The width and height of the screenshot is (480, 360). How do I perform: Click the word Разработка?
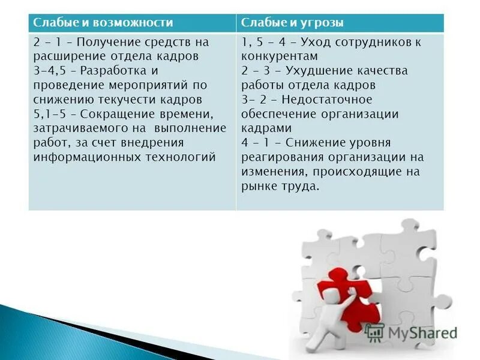tap(115, 71)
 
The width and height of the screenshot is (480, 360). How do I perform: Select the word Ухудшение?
tap(316, 71)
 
